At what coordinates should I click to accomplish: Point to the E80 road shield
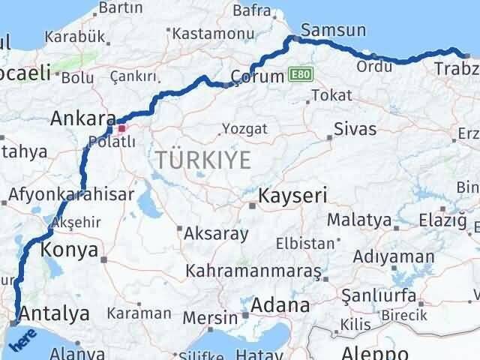pos(300,75)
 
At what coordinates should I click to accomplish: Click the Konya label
pos(69,249)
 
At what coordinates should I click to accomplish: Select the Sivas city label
pos(355,129)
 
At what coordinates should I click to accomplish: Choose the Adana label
pos(281,306)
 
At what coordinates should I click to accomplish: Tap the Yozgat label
pos(244,129)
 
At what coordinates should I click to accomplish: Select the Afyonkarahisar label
pos(72,194)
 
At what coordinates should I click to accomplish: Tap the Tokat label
pos(331,95)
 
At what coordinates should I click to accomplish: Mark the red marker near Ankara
pos(122,127)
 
